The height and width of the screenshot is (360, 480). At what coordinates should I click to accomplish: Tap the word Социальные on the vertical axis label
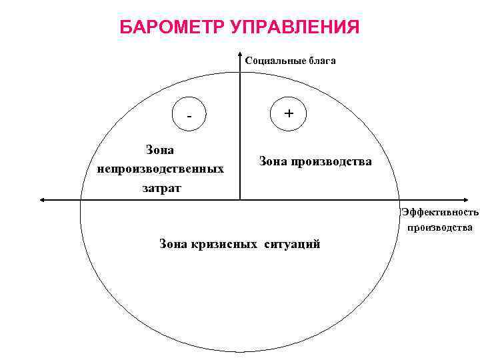(274, 61)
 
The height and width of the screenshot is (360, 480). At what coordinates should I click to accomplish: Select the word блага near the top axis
(321, 61)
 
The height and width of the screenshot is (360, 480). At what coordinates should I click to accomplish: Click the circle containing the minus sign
(189, 115)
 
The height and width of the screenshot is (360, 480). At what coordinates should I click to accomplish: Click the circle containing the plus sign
(289, 114)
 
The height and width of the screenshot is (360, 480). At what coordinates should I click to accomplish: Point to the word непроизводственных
(160, 169)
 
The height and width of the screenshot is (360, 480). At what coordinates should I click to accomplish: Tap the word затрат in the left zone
(161, 188)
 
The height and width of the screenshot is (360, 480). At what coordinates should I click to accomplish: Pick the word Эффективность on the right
(440, 213)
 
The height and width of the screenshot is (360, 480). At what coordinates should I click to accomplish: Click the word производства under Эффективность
(440, 227)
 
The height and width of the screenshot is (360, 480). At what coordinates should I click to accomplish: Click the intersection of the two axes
(240, 199)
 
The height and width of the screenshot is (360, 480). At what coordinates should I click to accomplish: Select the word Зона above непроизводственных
(160, 151)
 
